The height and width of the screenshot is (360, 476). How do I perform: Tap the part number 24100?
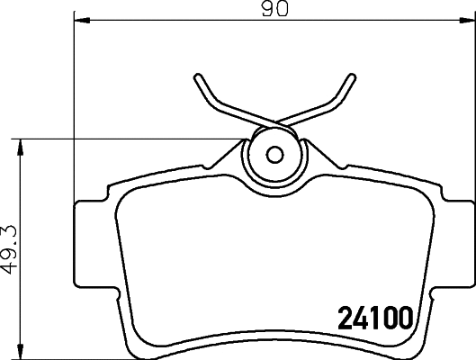pyautogui.click(x=373, y=318)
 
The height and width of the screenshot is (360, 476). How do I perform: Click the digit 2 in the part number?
pyautogui.click(x=344, y=318)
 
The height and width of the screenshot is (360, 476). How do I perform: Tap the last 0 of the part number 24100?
pyautogui.click(x=404, y=318)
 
